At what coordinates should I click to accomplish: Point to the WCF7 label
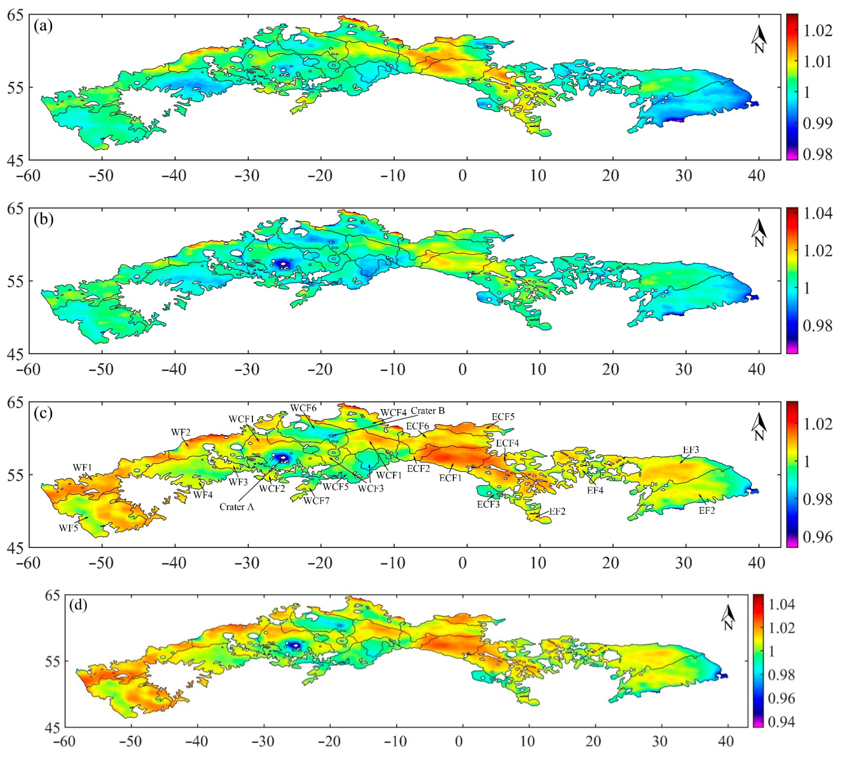(316, 501)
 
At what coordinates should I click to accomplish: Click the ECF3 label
(488, 504)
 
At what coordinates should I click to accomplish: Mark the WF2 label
(181, 432)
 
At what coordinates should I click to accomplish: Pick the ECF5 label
(503, 417)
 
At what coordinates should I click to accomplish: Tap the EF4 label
(595, 490)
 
